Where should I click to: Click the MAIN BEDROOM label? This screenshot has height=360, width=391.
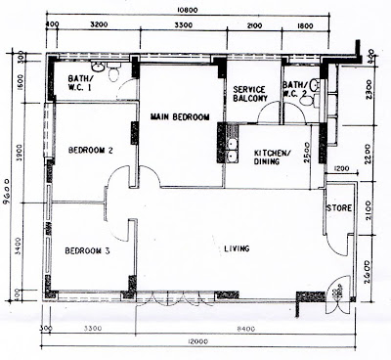click(x=180, y=117)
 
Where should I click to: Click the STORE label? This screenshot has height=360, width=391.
click(x=340, y=206)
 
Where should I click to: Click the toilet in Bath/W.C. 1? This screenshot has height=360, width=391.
click(x=113, y=71)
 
